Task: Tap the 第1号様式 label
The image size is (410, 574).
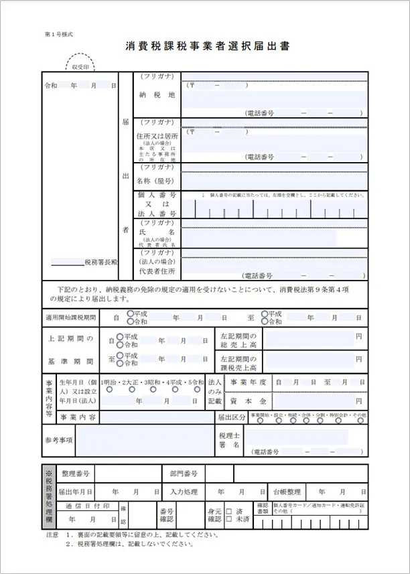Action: (59, 33)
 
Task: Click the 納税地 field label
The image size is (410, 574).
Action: (157, 95)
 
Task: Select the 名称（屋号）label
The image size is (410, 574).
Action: (157, 181)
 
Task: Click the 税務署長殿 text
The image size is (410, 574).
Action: (100, 262)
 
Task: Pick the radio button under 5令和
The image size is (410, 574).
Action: (198, 388)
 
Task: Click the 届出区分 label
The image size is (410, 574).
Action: (232, 417)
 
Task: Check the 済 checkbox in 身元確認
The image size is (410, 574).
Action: (228, 511)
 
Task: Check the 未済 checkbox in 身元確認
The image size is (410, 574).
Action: (228, 520)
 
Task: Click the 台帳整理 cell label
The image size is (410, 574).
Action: (284, 491)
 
